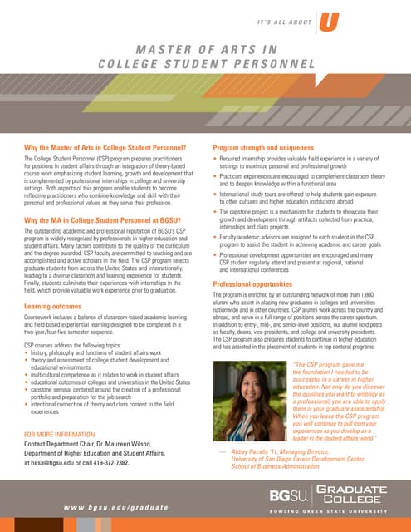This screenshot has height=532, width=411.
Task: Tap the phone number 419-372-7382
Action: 130,463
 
